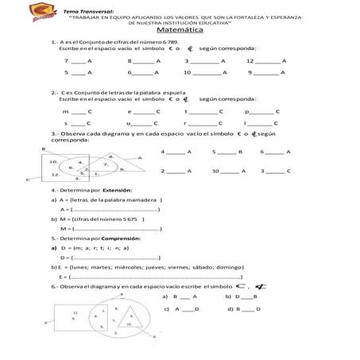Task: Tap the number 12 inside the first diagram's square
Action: (x=54, y=173)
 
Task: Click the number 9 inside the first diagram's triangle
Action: (x=121, y=169)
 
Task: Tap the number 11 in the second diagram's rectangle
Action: (x=74, y=312)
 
